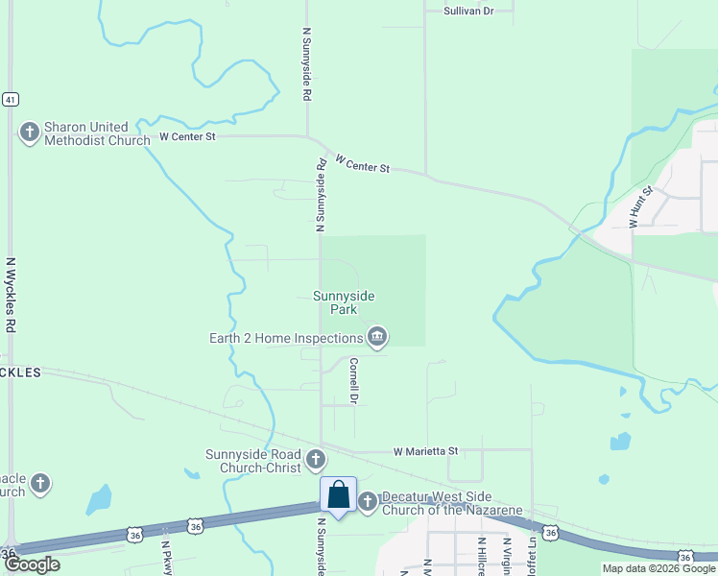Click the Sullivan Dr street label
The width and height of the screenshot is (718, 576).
467,11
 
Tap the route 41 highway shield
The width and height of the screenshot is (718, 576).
10,99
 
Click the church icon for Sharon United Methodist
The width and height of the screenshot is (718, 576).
29,132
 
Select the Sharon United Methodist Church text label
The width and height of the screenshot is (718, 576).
96,133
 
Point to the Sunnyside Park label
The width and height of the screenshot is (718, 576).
343,302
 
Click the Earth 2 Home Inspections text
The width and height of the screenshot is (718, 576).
286,338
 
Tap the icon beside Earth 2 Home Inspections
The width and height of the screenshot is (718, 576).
376,337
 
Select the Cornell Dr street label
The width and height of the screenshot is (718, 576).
353,380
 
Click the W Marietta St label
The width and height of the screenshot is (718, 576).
426,450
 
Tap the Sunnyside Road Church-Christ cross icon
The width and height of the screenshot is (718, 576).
316,462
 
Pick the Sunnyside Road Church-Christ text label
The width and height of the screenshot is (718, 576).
253,462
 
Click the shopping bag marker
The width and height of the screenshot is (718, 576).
338,495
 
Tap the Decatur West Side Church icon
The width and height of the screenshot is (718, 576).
368,501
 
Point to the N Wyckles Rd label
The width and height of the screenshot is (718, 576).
11,294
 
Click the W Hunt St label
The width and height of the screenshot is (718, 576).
640,206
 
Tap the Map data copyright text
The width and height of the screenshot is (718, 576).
658,568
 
